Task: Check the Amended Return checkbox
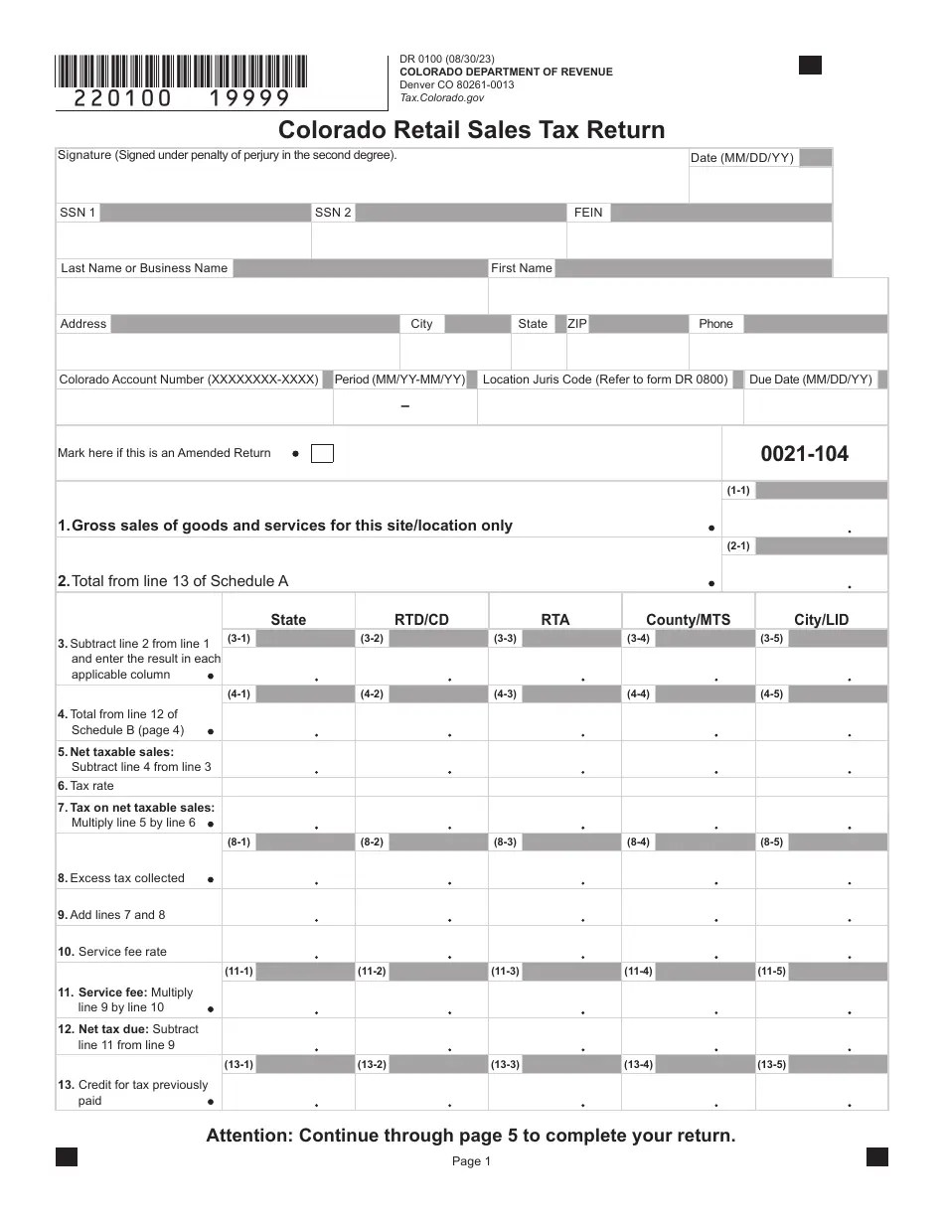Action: pyautogui.click(x=322, y=454)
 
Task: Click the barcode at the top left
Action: pyautogui.click(x=181, y=71)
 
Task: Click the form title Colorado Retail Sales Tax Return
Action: pyautogui.click(x=471, y=130)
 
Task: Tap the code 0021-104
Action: pyautogui.click(x=804, y=454)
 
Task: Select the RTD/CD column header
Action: pyautogui.click(x=421, y=620)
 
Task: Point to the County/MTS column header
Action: pyautogui.click(x=688, y=620)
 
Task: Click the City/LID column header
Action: pyautogui.click(x=821, y=620)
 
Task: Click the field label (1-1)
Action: pyautogui.click(x=738, y=491)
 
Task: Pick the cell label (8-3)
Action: pyautogui.click(x=505, y=842)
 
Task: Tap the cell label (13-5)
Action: pyautogui.click(x=772, y=1065)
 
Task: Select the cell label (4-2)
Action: pyautogui.click(x=372, y=694)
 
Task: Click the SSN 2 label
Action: pyautogui.click(x=333, y=213)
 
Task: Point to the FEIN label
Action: pyautogui.click(x=588, y=213)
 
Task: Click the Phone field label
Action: pyautogui.click(x=715, y=324)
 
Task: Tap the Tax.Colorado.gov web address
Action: pyautogui.click(x=441, y=97)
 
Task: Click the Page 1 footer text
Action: pyautogui.click(x=471, y=1161)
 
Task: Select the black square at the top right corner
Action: pyautogui.click(x=810, y=66)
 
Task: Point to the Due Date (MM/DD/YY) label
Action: pyautogui.click(x=810, y=380)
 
